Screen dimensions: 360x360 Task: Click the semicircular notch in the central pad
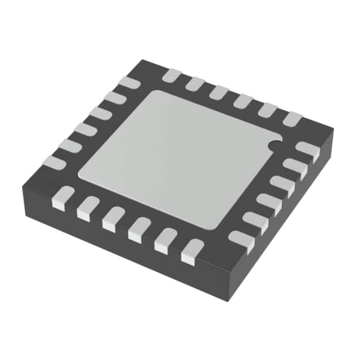tap(274, 145)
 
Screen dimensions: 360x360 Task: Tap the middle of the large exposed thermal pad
tap(179, 159)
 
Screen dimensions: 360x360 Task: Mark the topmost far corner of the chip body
tap(145, 60)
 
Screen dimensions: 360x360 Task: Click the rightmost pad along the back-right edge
tap(292, 119)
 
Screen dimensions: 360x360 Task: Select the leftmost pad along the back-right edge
tap(171, 75)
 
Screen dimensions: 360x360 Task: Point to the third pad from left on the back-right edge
tap(219, 92)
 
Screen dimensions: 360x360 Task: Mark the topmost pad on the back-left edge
tap(129, 82)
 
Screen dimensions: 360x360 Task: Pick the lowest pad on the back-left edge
tap(55, 163)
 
